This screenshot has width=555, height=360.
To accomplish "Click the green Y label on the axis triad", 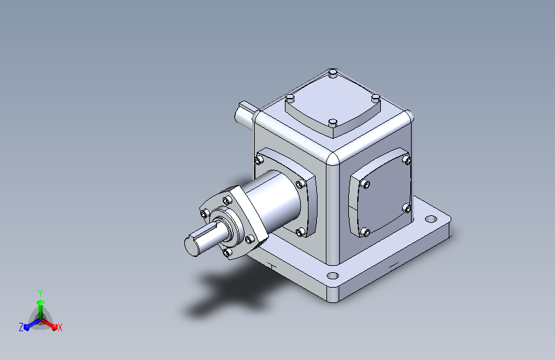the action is pos(40,293).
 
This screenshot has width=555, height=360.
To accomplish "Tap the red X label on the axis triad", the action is pos(60,328).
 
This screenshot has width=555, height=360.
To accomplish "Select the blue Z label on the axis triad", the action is pos(21,327).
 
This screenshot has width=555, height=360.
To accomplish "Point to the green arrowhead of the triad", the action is pos(41,302).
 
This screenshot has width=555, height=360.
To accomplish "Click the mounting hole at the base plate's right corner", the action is pos(430,219).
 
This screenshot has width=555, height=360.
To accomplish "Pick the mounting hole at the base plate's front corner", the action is pos(333,275).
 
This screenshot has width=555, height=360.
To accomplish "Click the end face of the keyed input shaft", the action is pos(191,245).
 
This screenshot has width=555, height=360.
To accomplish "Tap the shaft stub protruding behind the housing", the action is pos(245,113).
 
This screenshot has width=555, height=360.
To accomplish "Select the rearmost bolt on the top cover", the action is pos(332,74).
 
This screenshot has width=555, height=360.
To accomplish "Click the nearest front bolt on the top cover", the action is pos(332,123).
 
